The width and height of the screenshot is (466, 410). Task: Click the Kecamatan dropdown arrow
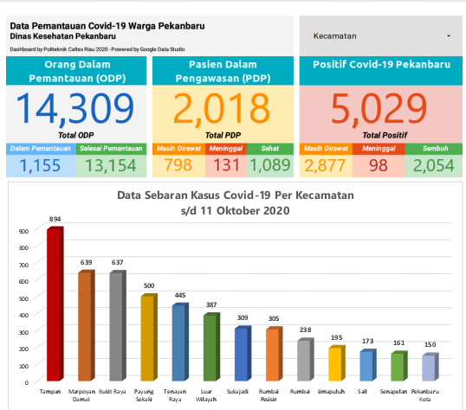coord(449,37)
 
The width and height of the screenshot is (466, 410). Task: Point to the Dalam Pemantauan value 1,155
coord(40,164)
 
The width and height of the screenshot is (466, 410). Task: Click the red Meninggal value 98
coord(378,164)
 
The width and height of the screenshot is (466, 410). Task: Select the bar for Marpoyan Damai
coord(85,326)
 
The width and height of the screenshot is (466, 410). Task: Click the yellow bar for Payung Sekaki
coord(147,338)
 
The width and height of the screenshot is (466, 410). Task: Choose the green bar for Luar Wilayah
coord(210,348)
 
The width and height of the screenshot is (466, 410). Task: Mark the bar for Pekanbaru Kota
coord(428,368)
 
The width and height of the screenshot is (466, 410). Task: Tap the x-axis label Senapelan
coord(397,391)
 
